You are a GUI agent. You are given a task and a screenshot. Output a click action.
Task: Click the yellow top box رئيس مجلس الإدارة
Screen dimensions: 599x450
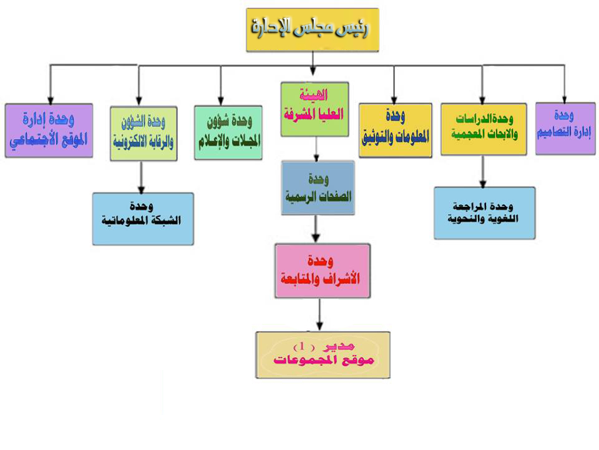tap(312, 29)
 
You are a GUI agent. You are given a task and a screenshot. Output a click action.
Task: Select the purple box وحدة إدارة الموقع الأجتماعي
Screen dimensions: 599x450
tap(49, 130)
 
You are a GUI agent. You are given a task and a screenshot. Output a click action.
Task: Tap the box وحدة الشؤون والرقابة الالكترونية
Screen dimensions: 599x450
tap(144, 134)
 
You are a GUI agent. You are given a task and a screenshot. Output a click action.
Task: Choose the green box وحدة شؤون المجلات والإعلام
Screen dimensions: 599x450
tap(228, 132)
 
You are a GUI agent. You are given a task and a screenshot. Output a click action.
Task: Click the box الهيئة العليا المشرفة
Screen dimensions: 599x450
tap(314, 109)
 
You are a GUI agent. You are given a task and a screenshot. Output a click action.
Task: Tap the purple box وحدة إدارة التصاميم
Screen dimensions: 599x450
tap(564, 128)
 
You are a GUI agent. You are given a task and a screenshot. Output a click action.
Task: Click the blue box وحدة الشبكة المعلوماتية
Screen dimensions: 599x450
tap(143, 218)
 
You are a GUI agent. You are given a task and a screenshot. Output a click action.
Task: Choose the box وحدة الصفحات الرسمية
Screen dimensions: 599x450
tap(318, 188)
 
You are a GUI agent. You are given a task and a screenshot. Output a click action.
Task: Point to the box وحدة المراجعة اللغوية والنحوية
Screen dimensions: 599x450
tap(484, 212)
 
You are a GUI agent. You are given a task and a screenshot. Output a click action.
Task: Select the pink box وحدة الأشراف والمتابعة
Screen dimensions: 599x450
tap(323, 270)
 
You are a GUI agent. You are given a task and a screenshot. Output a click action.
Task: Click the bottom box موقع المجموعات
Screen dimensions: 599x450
tap(323, 354)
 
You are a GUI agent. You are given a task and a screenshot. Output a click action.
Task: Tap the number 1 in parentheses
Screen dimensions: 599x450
tap(303, 346)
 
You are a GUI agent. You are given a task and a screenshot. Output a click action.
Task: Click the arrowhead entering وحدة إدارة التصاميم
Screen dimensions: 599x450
tap(564, 98)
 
